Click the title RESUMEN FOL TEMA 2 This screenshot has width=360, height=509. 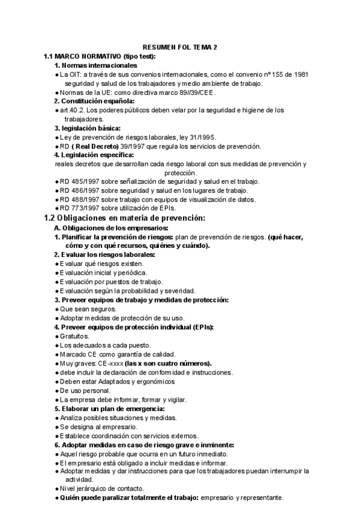[179, 47]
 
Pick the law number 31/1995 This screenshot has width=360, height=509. [203, 137]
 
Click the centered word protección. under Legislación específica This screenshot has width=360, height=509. [181, 172]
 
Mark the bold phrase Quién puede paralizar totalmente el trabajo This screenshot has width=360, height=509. [129, 498]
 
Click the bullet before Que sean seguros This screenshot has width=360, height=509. [56, 309]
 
